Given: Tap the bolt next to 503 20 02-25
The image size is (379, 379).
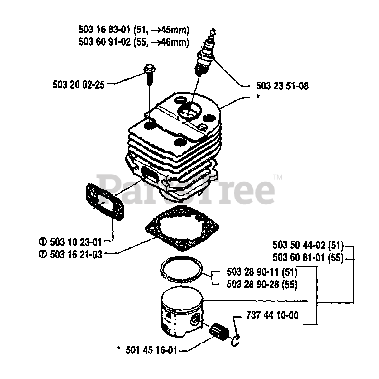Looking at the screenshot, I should click(148, 73).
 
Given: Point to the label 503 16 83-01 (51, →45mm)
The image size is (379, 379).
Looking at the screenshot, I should click(134, 30).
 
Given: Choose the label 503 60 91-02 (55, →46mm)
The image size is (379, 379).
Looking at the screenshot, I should click(134, 42).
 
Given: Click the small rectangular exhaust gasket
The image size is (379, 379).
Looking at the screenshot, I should click(104, 203).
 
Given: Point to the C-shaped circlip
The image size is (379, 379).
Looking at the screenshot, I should click(236, 339).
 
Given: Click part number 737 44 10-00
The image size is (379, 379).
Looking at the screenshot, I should click(272, 315).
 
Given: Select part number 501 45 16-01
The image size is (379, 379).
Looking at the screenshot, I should click(151, 350).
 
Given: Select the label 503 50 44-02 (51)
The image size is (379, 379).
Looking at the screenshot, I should click(308, 245).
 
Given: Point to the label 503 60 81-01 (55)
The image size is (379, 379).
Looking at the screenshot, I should click(308, 258).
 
